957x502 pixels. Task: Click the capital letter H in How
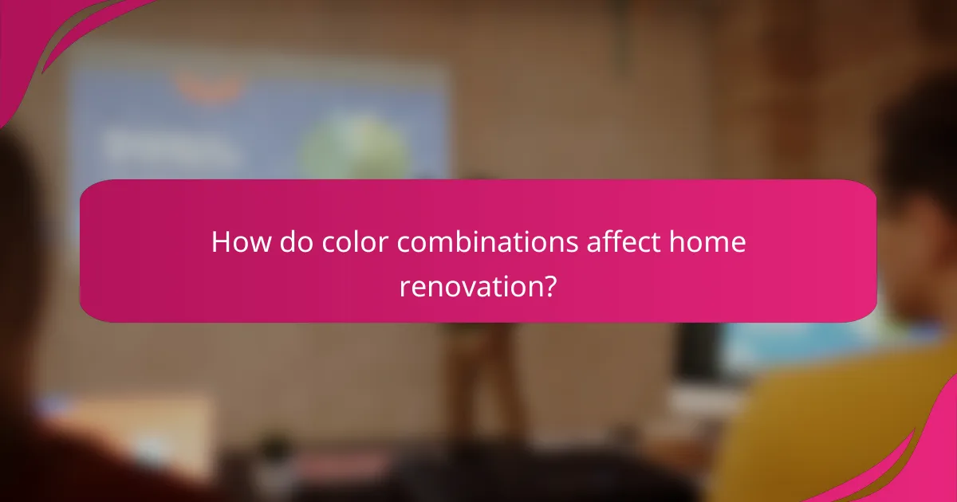(x=219, y=242)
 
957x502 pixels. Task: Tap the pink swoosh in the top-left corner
(x=48, y=32)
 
